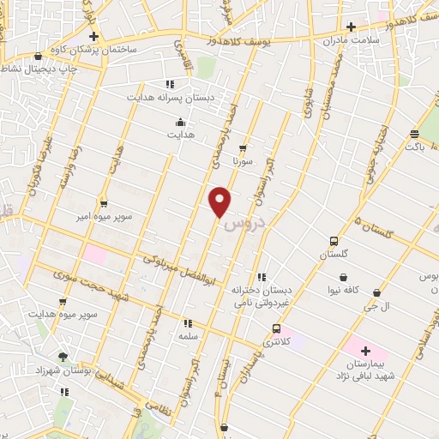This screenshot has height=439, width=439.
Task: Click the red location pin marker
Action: (x=220, y=200)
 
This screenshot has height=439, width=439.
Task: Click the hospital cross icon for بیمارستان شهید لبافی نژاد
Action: (x=366, y=351)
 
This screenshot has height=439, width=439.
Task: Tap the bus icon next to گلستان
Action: (x=334, y=242)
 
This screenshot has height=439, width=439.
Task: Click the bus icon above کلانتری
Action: (x=276, y=328)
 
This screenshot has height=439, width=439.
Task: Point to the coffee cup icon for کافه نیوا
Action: (x=344, y=278)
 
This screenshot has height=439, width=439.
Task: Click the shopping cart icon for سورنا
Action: (x=243, y=147)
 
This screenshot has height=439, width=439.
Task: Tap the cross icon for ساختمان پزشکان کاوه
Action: (x=94, y=37)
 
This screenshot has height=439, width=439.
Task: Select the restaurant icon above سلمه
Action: (x=187, y=323)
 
